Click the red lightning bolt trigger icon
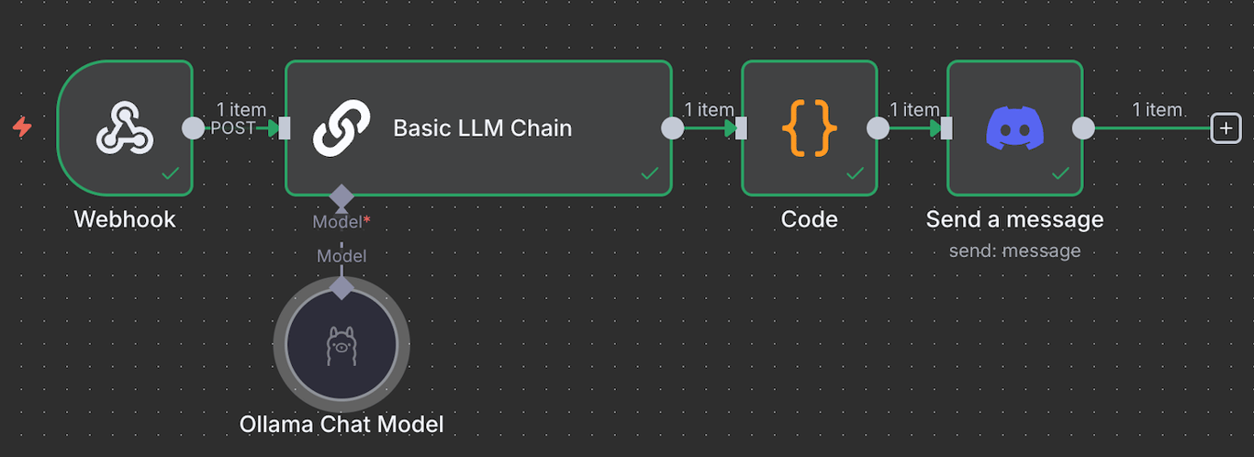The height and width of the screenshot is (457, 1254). pyautogui.click(x=22, y=128)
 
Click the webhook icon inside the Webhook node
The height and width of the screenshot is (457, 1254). pyautogui.click(x=125, y=128)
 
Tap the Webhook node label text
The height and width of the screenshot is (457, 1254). pyautogui.click(x=125, y=219)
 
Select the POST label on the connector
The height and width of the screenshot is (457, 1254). pyautogui.click(x=232, y=128)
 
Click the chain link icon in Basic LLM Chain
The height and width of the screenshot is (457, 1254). pyautogui.click(x=341, y=128)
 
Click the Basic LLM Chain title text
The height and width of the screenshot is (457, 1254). pyautogui.click(x=482, y=128)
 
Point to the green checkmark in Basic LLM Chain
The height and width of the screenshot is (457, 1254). pyautogui.click(x=649, y=173)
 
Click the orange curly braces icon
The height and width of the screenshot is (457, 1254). pyautogui.click(x=809, y=128)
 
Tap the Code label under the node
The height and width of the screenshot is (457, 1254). pyautogui.click(x=809, y=219)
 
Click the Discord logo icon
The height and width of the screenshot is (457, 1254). pyautogui.click(x=1014, y=128)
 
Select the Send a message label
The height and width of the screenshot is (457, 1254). pyautogui.click(x=1014, y=219)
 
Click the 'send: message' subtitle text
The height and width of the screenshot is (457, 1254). pyautogui.click(x=1014, y=251)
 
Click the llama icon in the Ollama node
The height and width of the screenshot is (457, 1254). pyautogui.click(x=341, y=345)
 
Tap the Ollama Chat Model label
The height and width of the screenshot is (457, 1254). pyautogui.click(x=341, y=424)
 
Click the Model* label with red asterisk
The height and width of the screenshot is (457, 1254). pyautogui.click(x=341, y=221)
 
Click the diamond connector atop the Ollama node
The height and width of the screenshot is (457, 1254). pyautogui.click(x=341, y=288)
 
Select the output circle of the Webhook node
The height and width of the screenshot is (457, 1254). pyautogui.click(x=193, y=128)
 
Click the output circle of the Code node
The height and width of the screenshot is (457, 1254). pyautogui.click(x=878, y=128)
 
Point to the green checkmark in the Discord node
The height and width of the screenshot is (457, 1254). pyautogui.click(x=1060, y=173)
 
